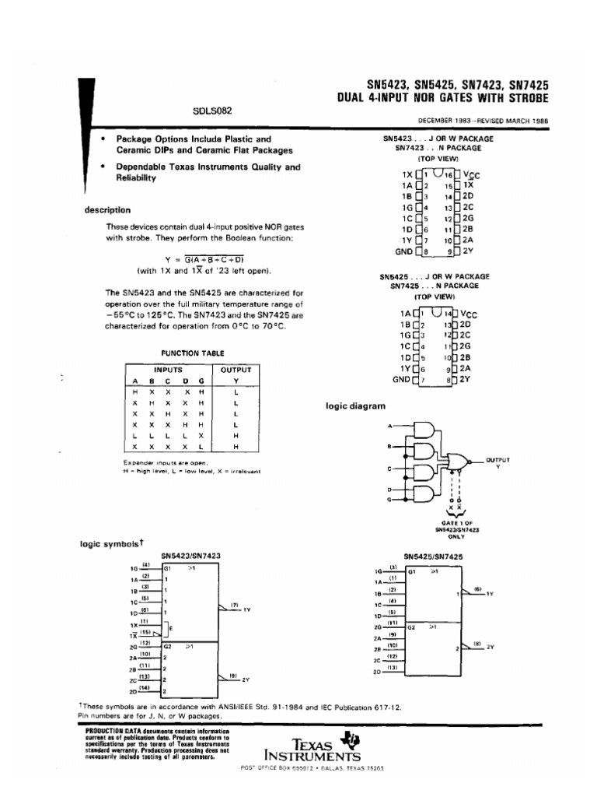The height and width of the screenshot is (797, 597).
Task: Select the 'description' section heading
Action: pos(107,210)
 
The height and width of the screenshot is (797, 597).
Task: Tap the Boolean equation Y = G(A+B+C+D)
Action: pos(204,259)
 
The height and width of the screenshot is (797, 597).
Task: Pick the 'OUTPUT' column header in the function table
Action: pos(236,370)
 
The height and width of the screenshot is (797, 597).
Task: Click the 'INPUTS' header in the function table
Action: pos(168,370)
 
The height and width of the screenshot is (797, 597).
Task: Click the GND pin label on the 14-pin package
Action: pos(402,379)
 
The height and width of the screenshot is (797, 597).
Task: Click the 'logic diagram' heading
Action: pos(354,406)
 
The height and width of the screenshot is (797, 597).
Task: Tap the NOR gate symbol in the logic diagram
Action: pos(459,462)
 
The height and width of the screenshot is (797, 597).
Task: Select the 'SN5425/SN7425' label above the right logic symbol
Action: pos(435,556)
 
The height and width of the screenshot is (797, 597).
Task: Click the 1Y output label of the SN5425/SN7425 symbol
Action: pos(490,594)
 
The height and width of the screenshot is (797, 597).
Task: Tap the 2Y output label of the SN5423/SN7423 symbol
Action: pos(246,679)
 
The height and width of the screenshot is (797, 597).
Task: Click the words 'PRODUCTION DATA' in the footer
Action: pos(103,732)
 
